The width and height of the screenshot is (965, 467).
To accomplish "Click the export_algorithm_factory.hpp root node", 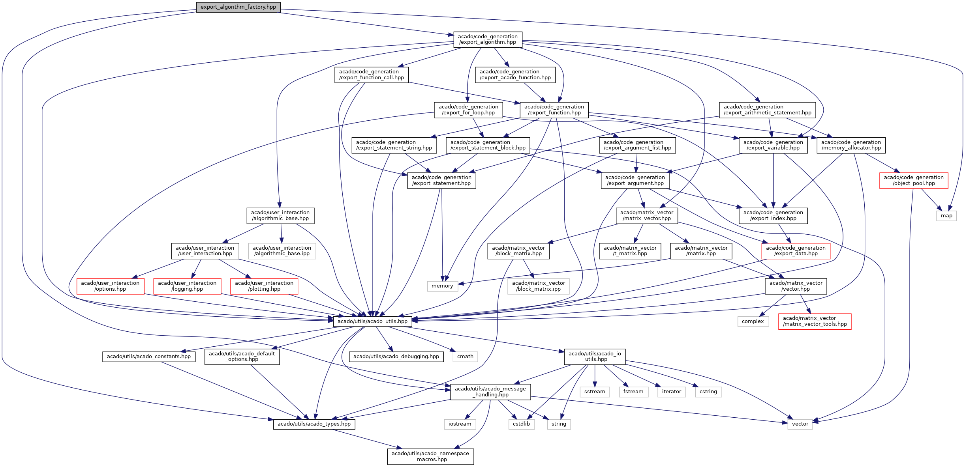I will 238,7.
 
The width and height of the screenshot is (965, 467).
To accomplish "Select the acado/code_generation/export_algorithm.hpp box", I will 488,39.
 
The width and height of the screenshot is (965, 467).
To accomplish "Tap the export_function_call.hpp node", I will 372,75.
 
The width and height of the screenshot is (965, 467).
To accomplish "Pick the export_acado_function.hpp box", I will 515,75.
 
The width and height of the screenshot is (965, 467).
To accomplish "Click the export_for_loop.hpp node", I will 468,110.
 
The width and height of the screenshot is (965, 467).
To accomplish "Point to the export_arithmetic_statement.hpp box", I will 767,110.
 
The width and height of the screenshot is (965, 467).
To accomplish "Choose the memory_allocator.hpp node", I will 851,145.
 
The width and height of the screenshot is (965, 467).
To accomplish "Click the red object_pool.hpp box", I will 914,180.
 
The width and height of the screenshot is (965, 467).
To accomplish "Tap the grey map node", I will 946,216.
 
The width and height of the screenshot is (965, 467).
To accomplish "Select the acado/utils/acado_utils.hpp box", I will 372,321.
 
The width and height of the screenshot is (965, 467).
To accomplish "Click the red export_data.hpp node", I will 796,251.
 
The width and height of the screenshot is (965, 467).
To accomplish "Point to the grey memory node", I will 442,286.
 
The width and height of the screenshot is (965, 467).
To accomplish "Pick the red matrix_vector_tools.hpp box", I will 815,321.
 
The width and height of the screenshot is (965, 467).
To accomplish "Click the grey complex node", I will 753,321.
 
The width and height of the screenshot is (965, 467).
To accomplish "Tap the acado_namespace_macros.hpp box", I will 430,456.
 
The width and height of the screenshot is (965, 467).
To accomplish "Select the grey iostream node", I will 460,424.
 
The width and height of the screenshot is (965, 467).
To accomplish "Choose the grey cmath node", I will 465,357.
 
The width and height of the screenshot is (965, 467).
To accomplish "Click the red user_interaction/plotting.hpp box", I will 264,286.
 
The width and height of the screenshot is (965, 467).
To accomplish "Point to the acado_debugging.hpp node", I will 396,357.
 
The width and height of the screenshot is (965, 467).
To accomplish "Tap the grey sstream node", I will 595,392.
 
